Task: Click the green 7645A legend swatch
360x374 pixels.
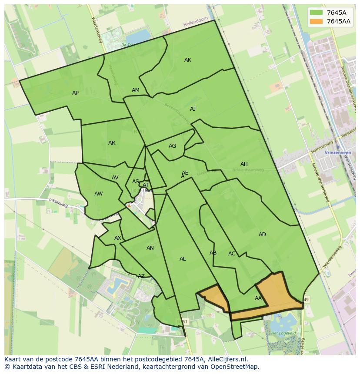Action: pyautogui.click(x=316, y=13)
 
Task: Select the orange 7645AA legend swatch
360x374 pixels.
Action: pyautogui.click(x=316, y=21)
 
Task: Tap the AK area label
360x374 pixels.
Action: pyautogui.click(x=188, y=60)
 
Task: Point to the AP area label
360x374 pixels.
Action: pyautogui.click(x=76, y=93)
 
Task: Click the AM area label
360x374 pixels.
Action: pyautogui.click(x=136, y=90)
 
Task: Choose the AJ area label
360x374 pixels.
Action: pyautogui.click(x=193, y=109)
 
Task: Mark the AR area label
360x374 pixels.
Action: pyautogui.click(x=112, y=143)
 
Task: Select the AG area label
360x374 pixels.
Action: pyautogui.click(x=173, y=146)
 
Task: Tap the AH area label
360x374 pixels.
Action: pyautogui.click(x=244, y=164)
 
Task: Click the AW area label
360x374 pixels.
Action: pyautogui.click(x=99, y=194)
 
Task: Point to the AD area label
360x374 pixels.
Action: pyautogui.click(x=262, y=235)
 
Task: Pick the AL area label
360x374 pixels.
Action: pyautogui.click(x=183, y=259)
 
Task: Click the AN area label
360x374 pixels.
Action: pyautogui.click(x=150, y=248)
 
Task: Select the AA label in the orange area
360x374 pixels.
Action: pyautogui.click(x=258, y=298)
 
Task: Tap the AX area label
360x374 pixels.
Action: pyautogui.click(x=118, y=238)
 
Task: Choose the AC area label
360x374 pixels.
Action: pyautogui.click(x=232, y=254)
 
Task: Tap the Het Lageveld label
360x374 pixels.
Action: pyautogui.click(x=280, y=333)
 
